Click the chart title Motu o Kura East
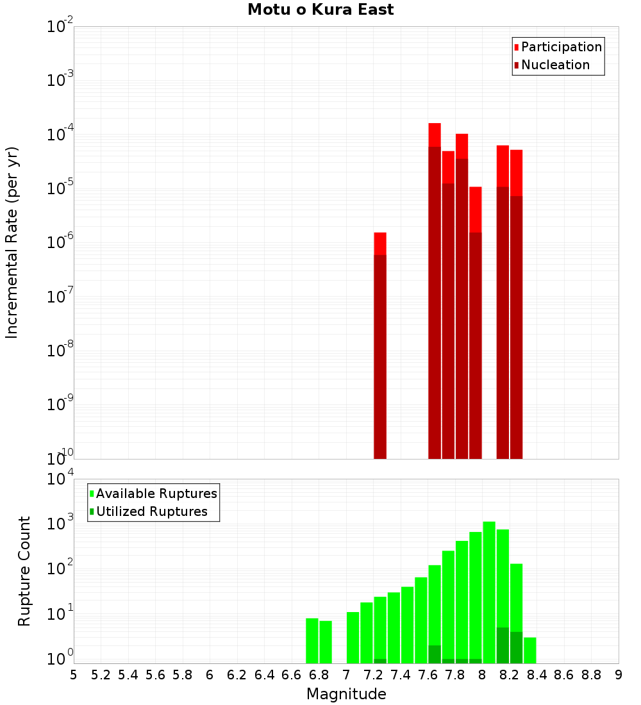pos(320,10)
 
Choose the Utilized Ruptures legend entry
pos(151,511)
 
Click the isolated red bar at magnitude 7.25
pos(380,346)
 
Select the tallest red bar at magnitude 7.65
pos(435,288)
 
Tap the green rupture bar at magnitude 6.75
pos(312,641)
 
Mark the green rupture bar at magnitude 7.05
pos(353,638)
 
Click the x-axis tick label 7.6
pos(428,675)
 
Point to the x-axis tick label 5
pos(74,675)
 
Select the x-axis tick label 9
pos(619,675)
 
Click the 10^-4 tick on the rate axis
pos(60,135)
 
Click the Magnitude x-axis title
pos(346,694)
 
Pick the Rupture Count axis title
pos(24,570)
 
